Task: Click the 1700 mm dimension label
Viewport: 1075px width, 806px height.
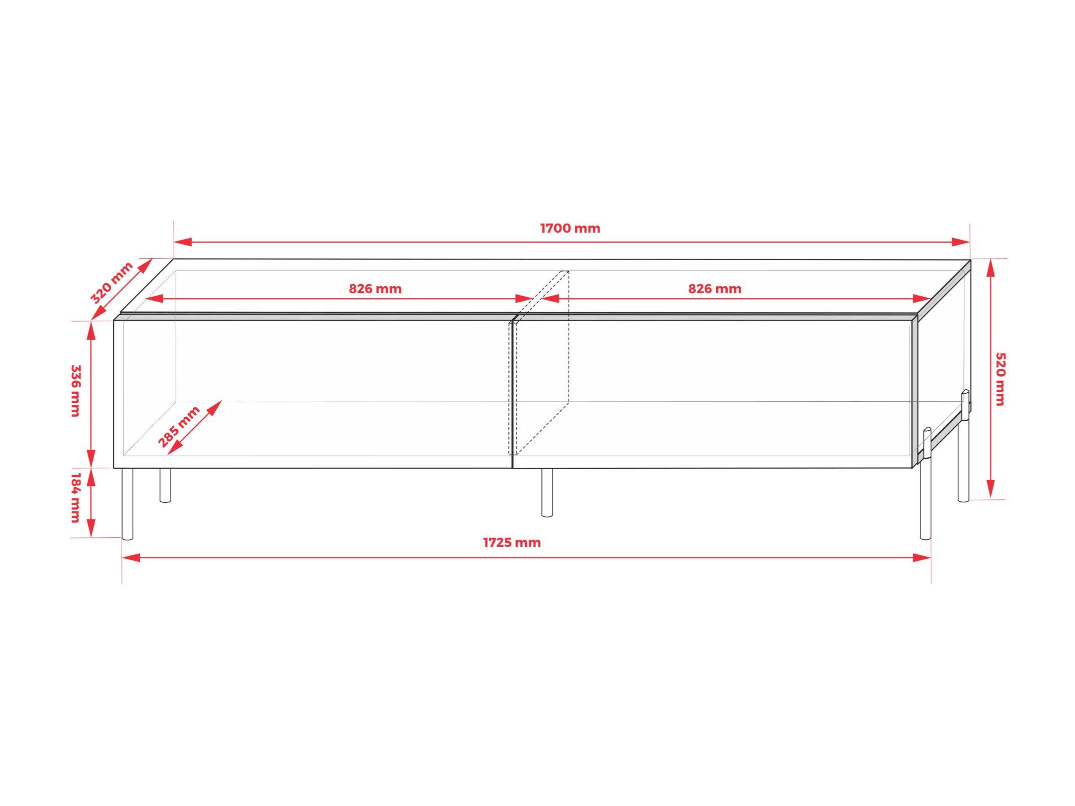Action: (x=570, y=228)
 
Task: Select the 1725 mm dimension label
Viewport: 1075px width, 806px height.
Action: (x=511, y=542)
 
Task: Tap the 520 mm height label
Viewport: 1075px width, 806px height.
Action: (x=1000, y=379)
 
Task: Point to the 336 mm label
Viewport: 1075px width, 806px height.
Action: (x=76, y=390)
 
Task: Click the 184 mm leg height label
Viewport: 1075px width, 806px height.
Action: (x=76, y=497)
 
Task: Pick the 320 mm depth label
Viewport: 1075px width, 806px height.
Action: (x=111, y=283)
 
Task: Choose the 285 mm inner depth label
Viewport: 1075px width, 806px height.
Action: (x=179, y=427)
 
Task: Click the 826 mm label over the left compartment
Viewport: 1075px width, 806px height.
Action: (x=375, y=289)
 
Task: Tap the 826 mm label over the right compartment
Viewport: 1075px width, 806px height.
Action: (x=714, y=289)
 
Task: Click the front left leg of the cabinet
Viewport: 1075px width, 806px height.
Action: (x=128, y=504)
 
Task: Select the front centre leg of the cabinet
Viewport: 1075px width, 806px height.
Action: (x=547, y=492)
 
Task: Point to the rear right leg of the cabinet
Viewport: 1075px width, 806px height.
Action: (x=963, y=445)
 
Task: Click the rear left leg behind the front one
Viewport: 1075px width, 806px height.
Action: (x=165, y=485)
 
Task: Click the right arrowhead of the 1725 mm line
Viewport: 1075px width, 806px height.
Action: (x=922, y=557)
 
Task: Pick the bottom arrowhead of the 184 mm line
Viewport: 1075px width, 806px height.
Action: (x=91, y=528)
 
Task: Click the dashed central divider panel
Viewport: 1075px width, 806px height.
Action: (x=539, y=363)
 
